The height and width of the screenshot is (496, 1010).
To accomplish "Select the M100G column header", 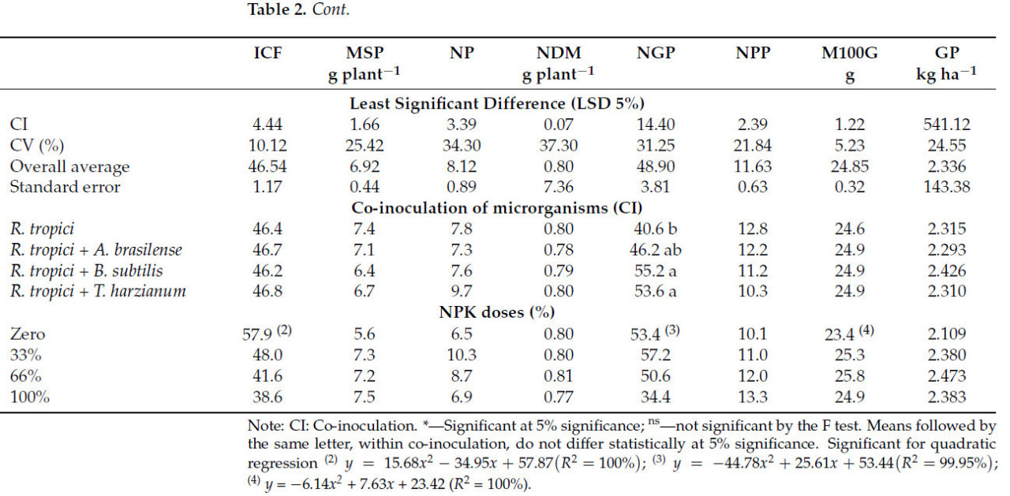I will pyautogui.click(x=850, y=54).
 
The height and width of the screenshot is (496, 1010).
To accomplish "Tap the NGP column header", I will pyautogui.click(x=656, y=54).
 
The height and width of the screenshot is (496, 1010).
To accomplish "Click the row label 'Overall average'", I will pyautogui.click(x=69, y=166).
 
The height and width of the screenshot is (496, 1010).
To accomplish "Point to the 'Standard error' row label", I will pyautogui.click(x=63, y=188).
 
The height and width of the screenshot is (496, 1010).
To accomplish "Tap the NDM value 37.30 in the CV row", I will pyautogui.click(x=558, y=146).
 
